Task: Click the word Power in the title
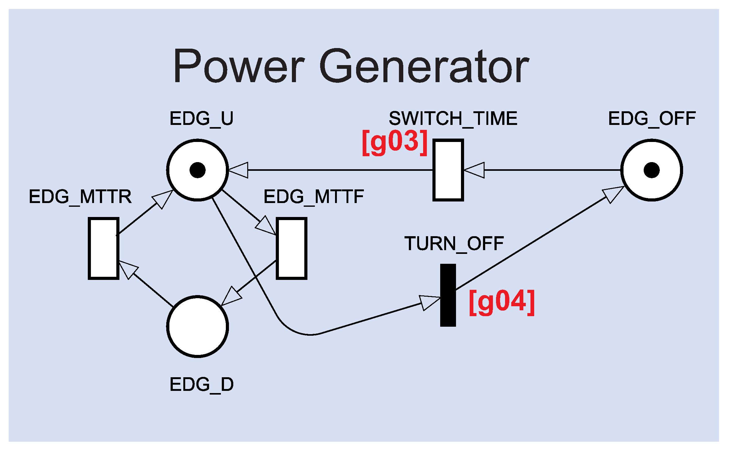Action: click(239, 67)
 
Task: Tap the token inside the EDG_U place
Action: click(198, 170)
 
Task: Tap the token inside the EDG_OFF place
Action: click(651, 170)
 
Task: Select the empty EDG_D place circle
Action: click(198, 326)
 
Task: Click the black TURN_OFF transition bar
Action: click(448, 295)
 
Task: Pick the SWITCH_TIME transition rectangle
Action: click(448, 170)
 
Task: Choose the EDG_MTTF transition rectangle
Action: click(291, 248)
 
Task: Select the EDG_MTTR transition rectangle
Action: click(104, 248)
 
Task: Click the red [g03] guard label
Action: click(395, 143)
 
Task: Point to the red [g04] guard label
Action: click(502, 303)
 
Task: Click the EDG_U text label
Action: click(201, 118)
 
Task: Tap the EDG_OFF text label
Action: click(652, 118)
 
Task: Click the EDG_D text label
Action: click(201, 384)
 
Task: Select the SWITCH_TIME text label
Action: click(453, 118)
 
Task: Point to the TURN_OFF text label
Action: click(454, 244)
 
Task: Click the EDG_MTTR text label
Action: click(80, 197)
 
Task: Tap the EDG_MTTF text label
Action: click(314, 197)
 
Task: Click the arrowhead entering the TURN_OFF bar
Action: click(430, 302)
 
